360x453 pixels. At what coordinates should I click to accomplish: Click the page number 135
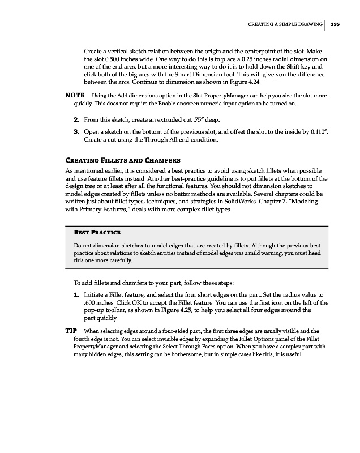click(335, 24)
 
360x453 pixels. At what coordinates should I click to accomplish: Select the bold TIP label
click(72, 330)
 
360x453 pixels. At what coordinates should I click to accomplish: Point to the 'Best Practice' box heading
click(97, 233)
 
